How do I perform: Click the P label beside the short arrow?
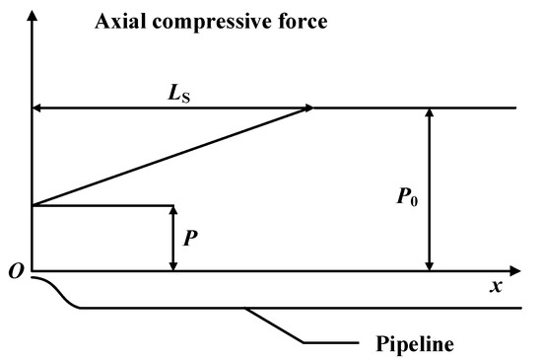(x=190, y=237)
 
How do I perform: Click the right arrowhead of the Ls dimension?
(x=306, y=108)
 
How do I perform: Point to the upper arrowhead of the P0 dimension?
(x=428, y=114)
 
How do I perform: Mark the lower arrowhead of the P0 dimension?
(x=428, y=263)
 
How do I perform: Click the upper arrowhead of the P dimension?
(x=173, y=212)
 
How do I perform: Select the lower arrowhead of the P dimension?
(x=173, y=263)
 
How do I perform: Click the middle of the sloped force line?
(x=173, y=156)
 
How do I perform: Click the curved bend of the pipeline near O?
(x=61, y=294)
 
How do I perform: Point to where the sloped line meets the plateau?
(x=314, y=108)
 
